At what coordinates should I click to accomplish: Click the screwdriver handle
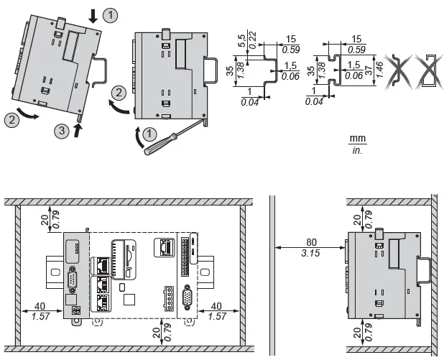point(154,149)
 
